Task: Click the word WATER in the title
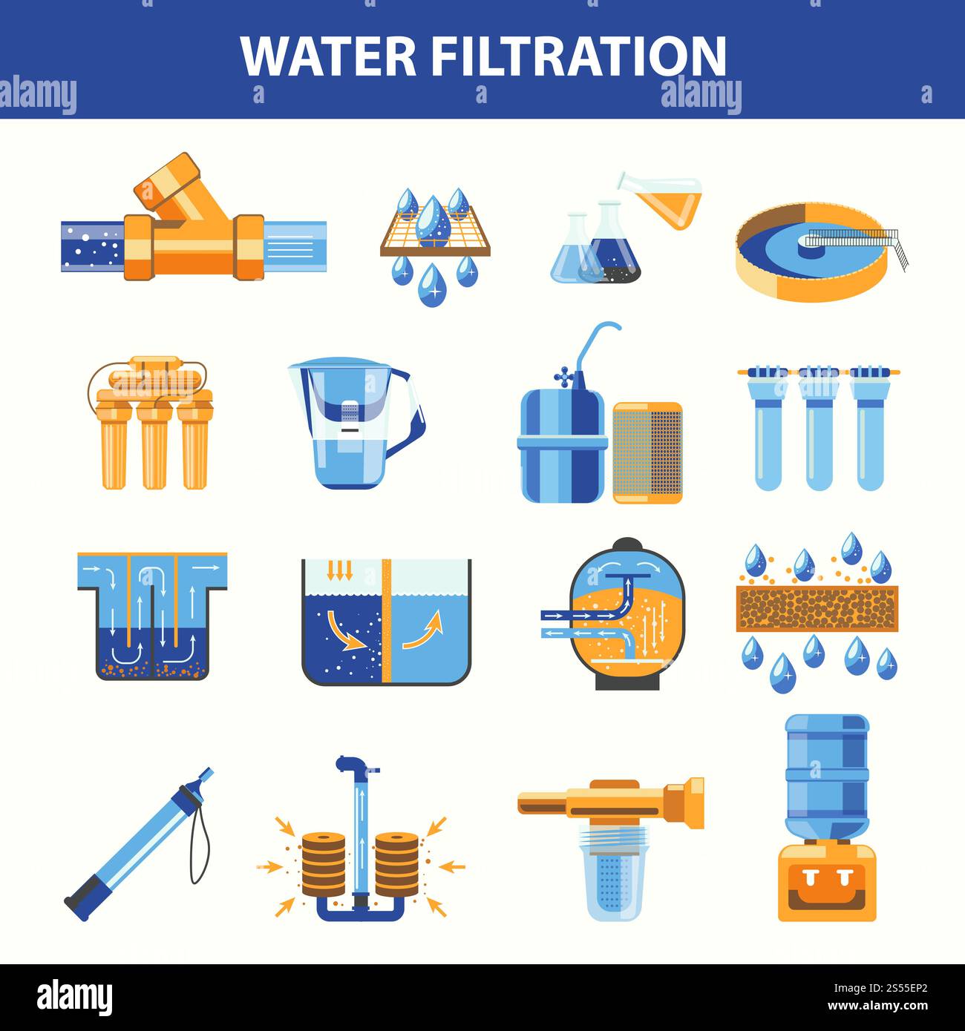point(328,56)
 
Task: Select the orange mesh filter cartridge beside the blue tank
point(647,452)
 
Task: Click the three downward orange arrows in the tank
point(339,570)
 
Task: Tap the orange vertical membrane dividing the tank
point(386,619)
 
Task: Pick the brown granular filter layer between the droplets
point(817,608)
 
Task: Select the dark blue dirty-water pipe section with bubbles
point(92,246)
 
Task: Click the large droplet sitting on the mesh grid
point(434,223)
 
